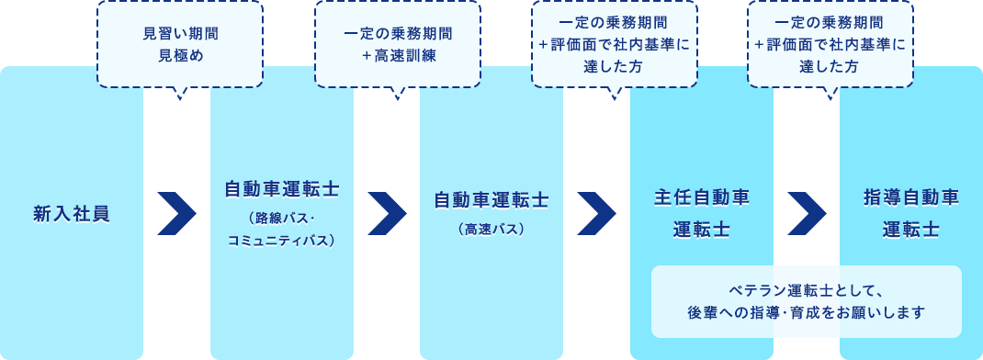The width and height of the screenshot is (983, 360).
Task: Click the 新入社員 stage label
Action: (72, 214)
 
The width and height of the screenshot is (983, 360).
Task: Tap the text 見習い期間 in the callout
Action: (180, 35)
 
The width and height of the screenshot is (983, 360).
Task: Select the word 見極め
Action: (180, 56)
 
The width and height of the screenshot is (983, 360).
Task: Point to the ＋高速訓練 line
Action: (398, 56)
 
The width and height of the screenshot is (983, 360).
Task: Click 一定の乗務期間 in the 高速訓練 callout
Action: (398, 35)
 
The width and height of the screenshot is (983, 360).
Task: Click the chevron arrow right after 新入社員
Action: (177, 214)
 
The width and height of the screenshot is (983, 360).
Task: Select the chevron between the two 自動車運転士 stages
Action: (387, 214)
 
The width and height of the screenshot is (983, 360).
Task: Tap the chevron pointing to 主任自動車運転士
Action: (596, 214)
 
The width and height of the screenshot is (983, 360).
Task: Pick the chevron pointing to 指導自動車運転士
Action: (807, 214)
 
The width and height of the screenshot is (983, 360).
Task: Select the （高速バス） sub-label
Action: (491, 229)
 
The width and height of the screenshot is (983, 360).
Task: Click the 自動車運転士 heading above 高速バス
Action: (491, 199)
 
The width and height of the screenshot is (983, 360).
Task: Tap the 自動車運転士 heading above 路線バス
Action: (282, 189)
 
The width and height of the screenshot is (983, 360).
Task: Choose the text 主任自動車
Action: (702, 197)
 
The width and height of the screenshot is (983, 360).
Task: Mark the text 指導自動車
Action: (911, 197)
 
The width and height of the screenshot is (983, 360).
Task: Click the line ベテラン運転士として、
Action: (807, 291)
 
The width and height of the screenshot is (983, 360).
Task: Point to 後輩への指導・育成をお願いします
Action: (807, 313)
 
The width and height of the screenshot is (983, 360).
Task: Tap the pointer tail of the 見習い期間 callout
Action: (180, 92)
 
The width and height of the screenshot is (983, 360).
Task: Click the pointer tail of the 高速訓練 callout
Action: (398, 92)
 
